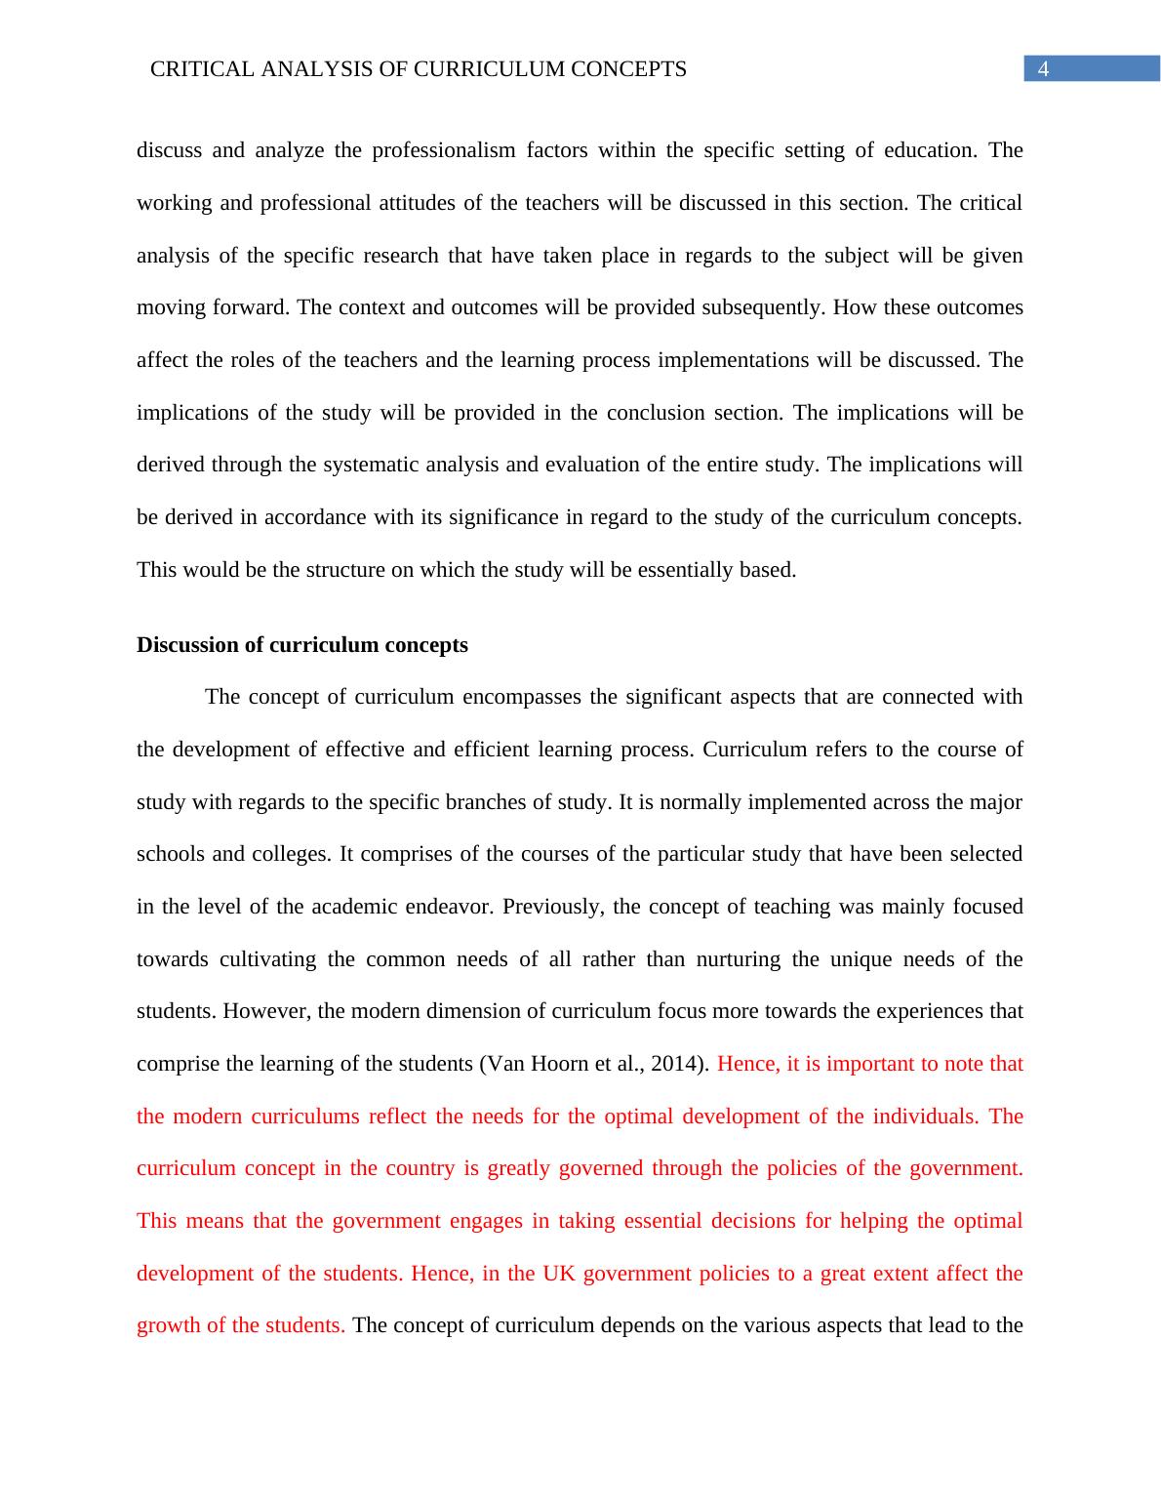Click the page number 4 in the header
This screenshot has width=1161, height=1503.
coord(1043,69)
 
